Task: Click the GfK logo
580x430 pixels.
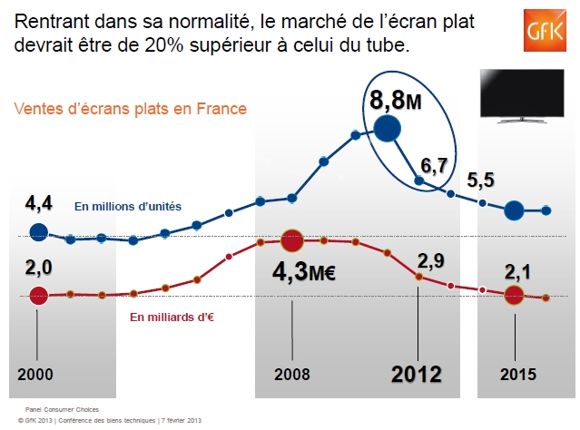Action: point(546,34)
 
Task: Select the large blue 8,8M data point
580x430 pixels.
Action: point(387,130)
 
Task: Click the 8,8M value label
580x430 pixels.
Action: point(394,97)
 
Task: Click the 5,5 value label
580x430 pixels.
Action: point(480,180)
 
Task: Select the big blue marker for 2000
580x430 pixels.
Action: point(38,232)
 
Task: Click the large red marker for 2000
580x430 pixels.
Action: point(38,295)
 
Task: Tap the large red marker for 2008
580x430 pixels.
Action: point(291,240)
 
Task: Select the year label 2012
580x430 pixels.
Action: point(416,374)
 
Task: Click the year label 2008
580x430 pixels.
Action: point(290,375)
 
